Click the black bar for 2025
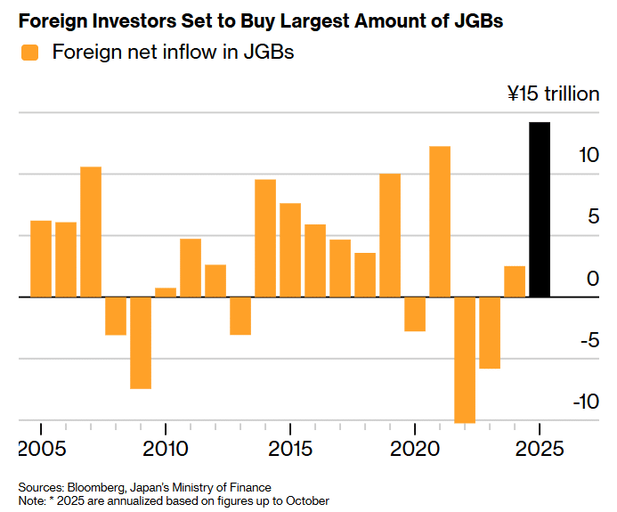coord(540,209)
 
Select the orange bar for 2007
coord(91,232)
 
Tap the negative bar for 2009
coord(141,343)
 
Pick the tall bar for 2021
coord(440,221)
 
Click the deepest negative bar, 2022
coord(465,360)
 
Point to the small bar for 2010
coord(166,292)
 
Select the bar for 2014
coord(265,238)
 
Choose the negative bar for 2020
coord(415,313)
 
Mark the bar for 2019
coord(390,235)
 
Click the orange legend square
coord(30,53)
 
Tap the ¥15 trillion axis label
coord(553,93)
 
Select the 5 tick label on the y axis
coord(591,216)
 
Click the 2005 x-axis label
coord(42,447)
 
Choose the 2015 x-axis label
coord(290,447)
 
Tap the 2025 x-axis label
coord(540,447)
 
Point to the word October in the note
coord(306,500)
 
